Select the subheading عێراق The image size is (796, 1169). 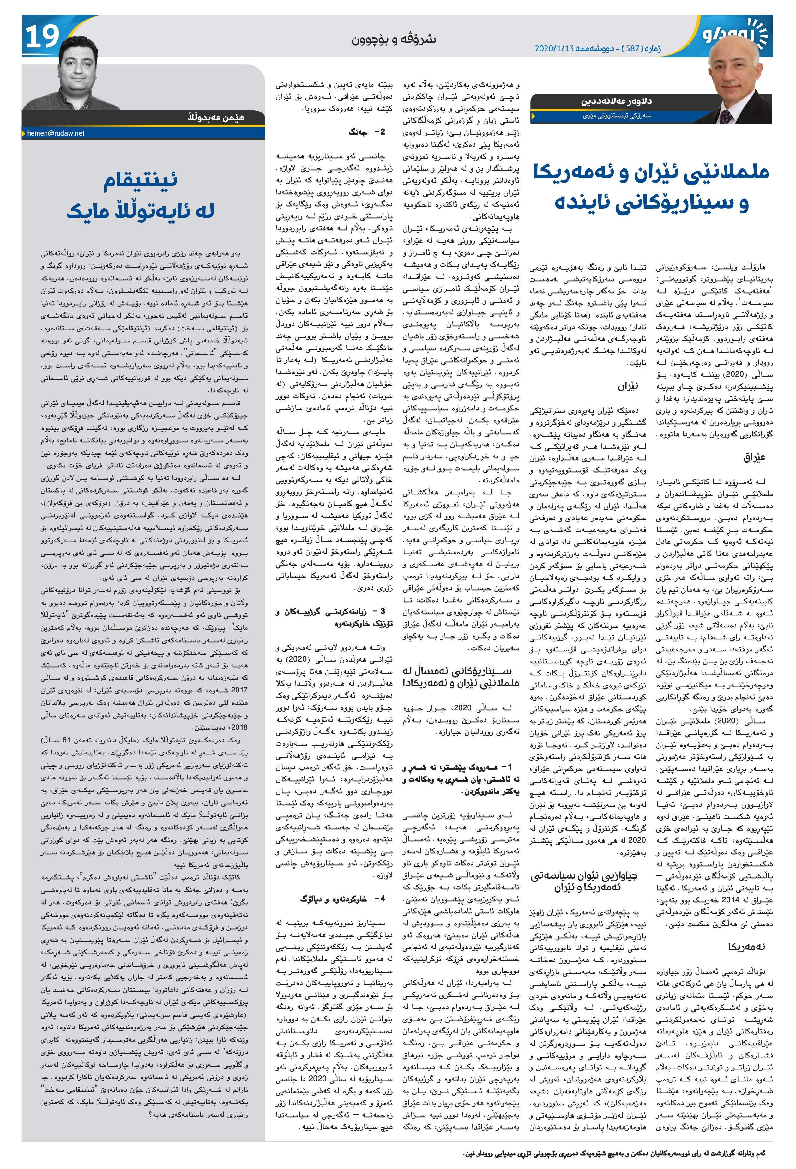point(754,458)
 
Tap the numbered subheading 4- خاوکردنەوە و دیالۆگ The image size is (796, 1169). point(342,898)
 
